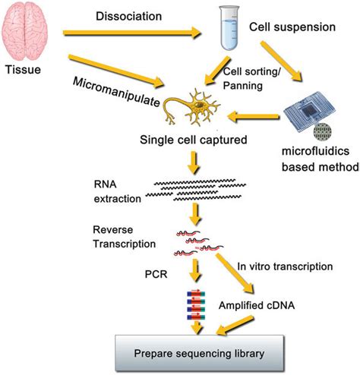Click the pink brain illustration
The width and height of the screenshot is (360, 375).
(x=24, y=31)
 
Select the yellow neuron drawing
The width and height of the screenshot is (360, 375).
(x=191, y=108)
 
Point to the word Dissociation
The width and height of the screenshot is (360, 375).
(x=128, y=17)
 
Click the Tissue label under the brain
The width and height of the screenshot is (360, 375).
(x=23, y=70)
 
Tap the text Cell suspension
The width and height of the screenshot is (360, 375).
(x=292, y=27)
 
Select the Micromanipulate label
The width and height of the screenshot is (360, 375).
(x=116, y=92)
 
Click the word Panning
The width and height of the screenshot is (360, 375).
(x=242, y=86)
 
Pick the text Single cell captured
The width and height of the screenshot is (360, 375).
(x=194, y=140)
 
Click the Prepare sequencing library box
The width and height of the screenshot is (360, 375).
(x=200, y=354)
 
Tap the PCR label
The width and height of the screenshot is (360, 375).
(x=156, y=274)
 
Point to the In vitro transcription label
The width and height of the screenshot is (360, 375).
(x=285, y=266)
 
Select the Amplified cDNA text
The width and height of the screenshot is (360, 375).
(x=257, y=305)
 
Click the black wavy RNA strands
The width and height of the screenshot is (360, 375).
(x=196, y=190)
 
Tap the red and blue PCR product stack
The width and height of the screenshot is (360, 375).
(x=196, y=305)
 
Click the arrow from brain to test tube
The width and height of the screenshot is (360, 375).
(x=132, y=33)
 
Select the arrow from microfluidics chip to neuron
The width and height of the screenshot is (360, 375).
(x=254, y=117)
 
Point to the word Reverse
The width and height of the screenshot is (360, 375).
(x=113, y=230)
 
